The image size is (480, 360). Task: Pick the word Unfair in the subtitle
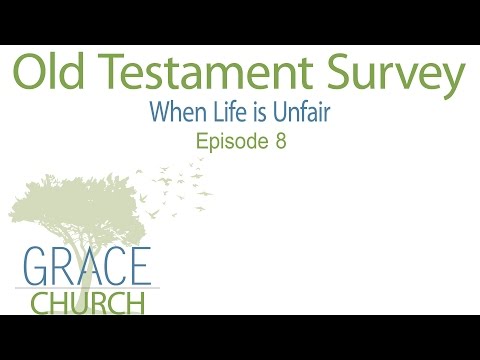point(300,113)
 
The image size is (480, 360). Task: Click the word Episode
point(231,141)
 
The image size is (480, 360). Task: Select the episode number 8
point(281,141)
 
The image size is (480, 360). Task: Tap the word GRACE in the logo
point(83,267)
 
